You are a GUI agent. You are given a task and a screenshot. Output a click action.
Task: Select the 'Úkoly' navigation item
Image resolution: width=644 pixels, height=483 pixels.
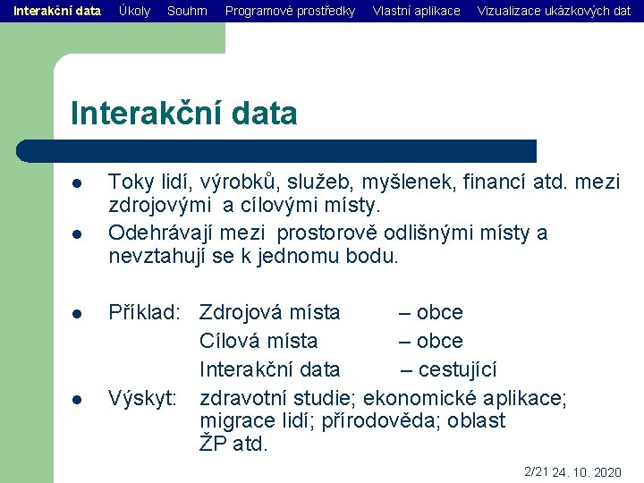pos(134,11)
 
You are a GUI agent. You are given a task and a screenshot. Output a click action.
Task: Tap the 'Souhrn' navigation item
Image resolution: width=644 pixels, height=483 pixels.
pos(187,11)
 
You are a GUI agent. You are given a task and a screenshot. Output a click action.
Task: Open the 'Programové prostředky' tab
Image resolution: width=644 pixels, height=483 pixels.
pos(290,11)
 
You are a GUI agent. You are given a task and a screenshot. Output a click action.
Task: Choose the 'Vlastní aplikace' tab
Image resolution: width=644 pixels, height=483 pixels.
pos(416,11)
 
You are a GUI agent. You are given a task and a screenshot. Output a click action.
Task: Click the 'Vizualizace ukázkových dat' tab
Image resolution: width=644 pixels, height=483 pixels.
pos(554,11)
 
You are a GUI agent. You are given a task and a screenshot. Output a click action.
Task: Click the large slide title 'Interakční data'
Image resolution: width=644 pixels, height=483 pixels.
pos(183,114)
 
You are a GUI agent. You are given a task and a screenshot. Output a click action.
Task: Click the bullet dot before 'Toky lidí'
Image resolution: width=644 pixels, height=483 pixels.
pos(78,183)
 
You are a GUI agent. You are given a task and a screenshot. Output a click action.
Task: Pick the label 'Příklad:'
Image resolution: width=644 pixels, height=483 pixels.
pos(146,312)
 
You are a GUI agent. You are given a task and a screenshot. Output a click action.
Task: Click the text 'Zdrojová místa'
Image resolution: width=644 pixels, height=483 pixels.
pos(269,312)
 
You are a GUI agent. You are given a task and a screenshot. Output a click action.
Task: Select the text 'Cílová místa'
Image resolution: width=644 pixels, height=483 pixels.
pos(258,341)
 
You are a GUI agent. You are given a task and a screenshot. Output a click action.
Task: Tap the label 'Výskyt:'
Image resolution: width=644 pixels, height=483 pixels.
pos(142,398)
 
